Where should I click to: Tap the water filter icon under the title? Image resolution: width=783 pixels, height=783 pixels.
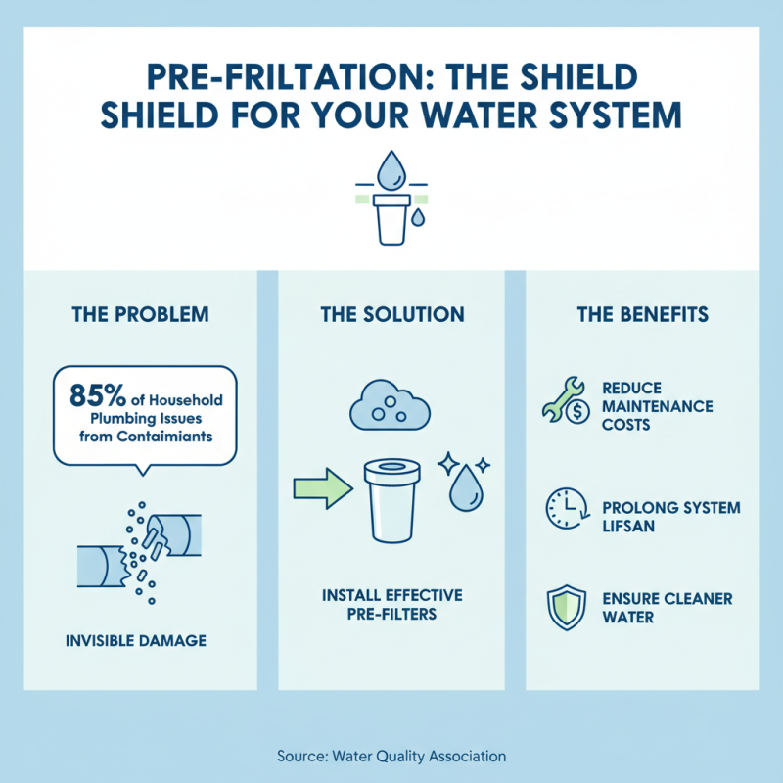(391, 196)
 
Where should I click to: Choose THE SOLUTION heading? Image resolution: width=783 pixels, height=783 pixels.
(391, 315)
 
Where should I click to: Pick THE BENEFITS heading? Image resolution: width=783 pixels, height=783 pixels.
(641, 315)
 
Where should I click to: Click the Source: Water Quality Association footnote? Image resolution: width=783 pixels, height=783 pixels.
(391, 756)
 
